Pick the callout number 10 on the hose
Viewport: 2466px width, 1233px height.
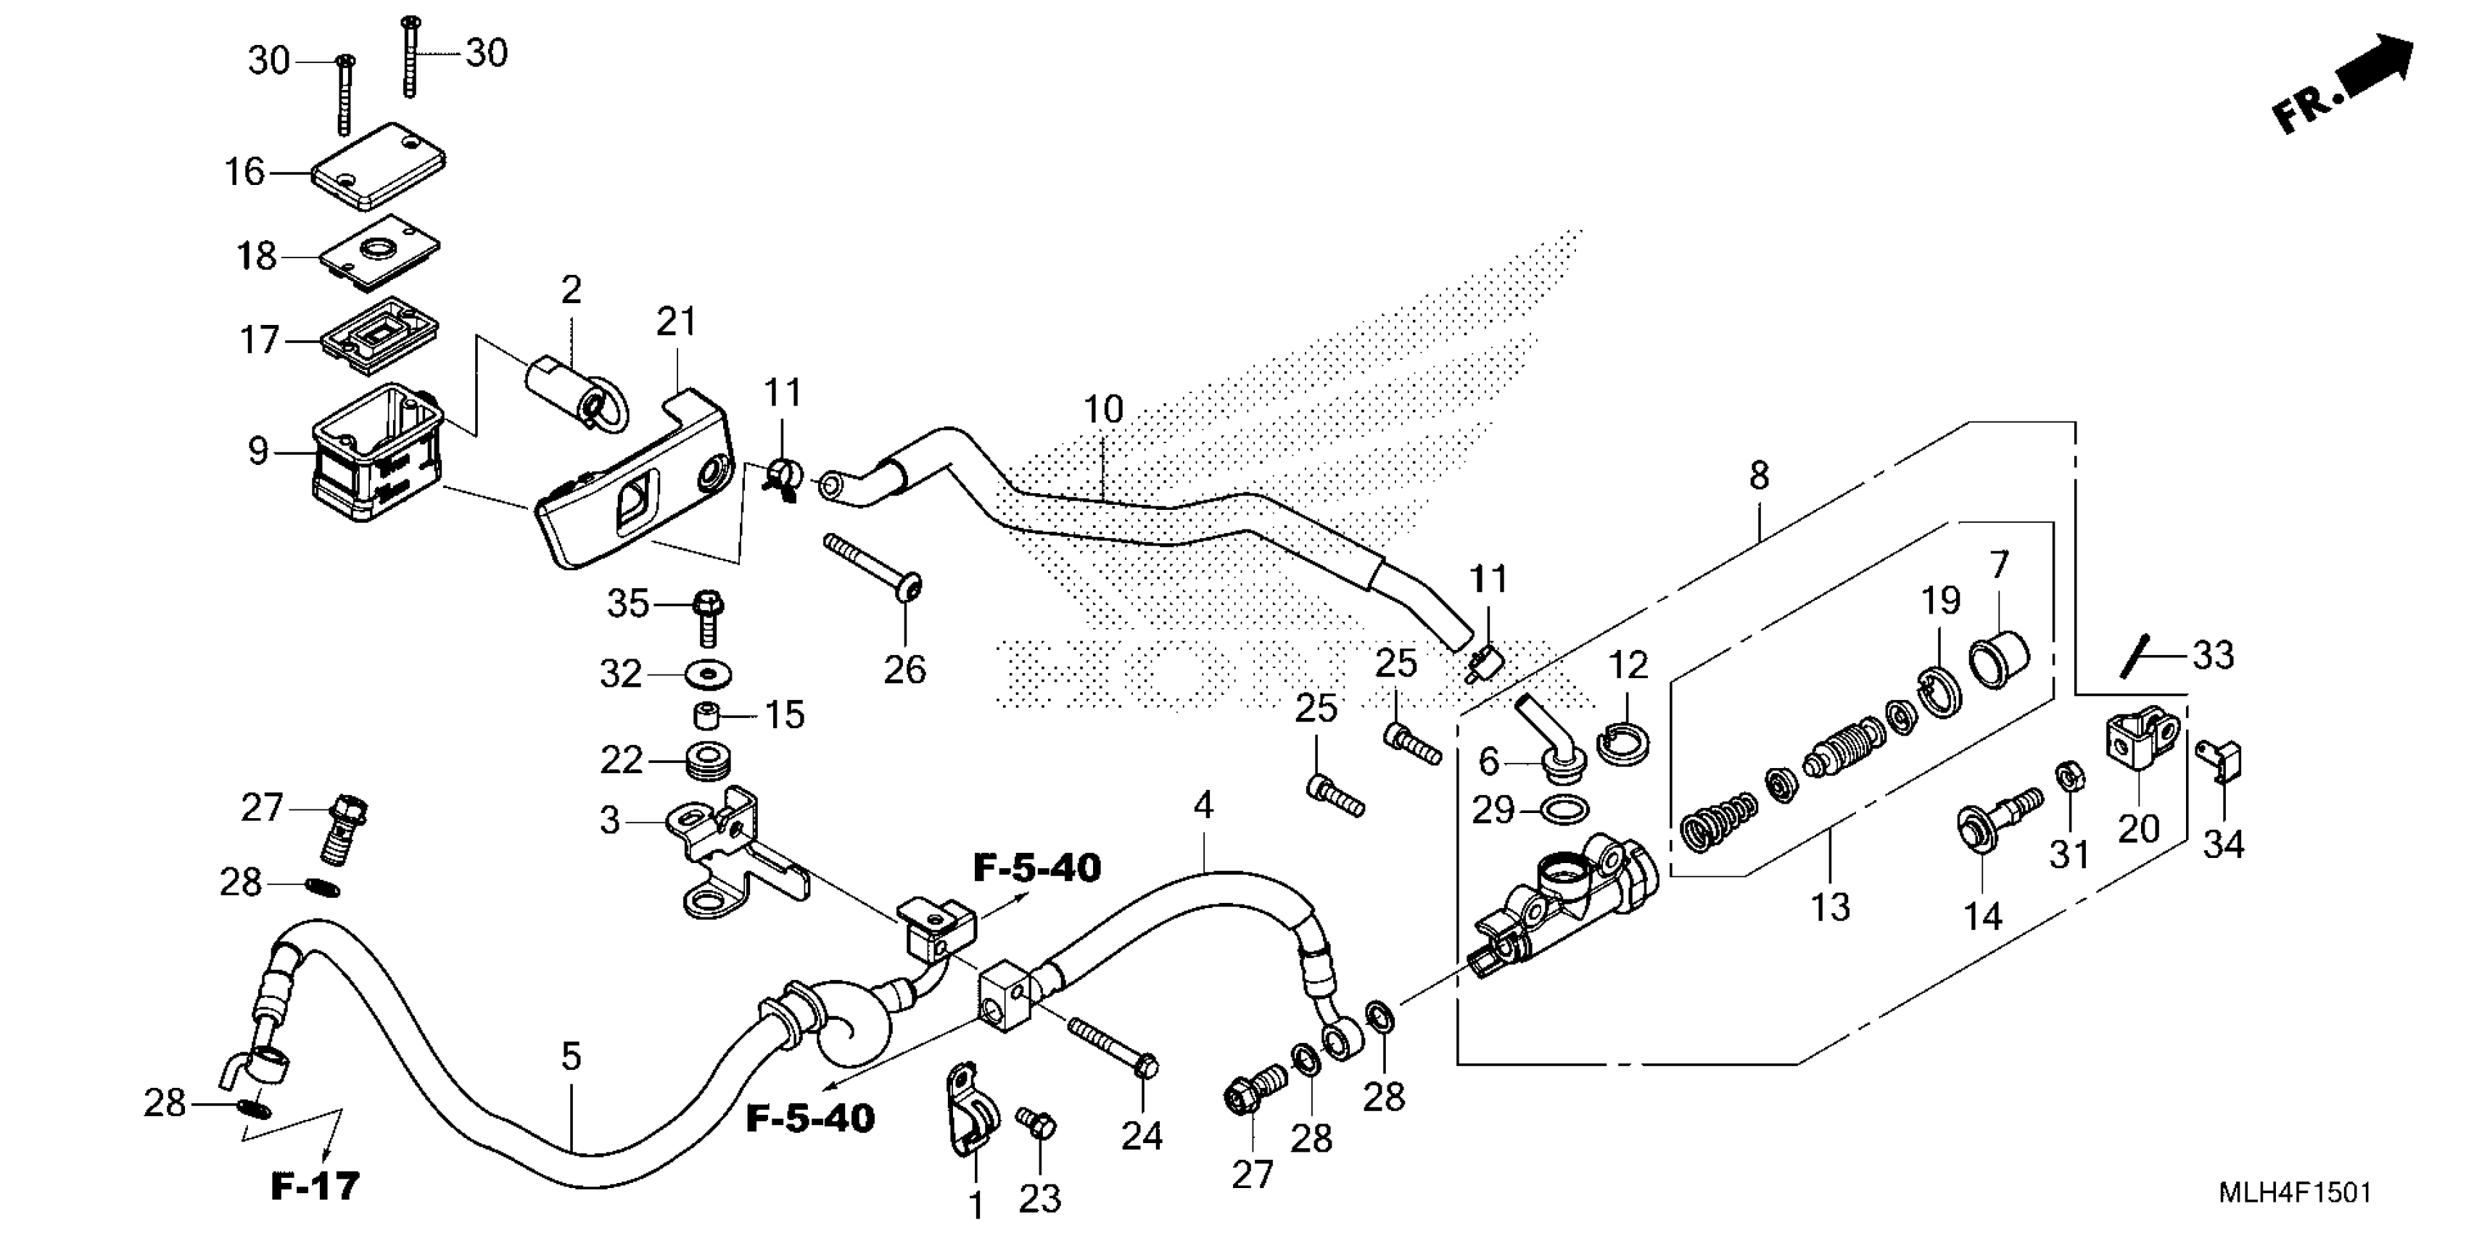1102,410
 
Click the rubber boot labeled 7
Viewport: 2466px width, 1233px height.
1998,659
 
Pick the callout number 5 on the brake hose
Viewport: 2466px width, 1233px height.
571,1057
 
